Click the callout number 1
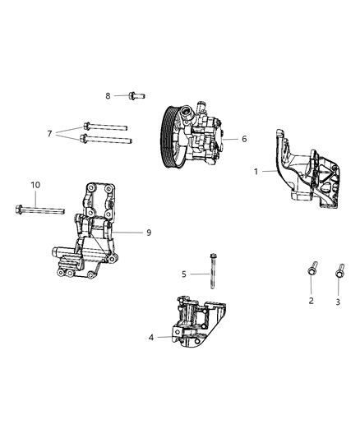pyautogui.click(x=256, y=172)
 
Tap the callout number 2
pyautogui.click(x=312, y=302)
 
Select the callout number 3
pyautogui.click(x=338, y=302)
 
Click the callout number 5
pyautogui.click(x=184, y=274)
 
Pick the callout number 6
pyautogui.click(x=244, y=140)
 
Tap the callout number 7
pyautogui.click(x=50, y=133)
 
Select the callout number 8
pyautogui.click(x=108, y=96)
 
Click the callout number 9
pyautogui.click(x=149, y=233)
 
